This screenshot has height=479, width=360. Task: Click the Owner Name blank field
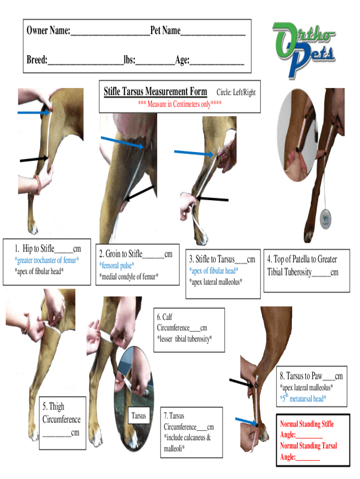click(110, 32)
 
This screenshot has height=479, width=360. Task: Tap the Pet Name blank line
click(213, 32)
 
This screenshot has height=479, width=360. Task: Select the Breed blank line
click(85, 60)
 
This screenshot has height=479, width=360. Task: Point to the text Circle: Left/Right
click(236, 93)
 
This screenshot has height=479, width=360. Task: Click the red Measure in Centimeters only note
click(180, 104)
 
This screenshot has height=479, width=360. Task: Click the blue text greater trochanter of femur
click(47, 260)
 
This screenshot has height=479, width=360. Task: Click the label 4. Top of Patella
click(302, 260)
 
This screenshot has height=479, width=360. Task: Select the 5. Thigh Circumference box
click(61, 419)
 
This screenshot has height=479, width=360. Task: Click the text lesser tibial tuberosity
click(184, 339)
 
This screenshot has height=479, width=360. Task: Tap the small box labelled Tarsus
click(139, 416)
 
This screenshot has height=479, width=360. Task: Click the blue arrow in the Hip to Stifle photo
click(33, 113)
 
